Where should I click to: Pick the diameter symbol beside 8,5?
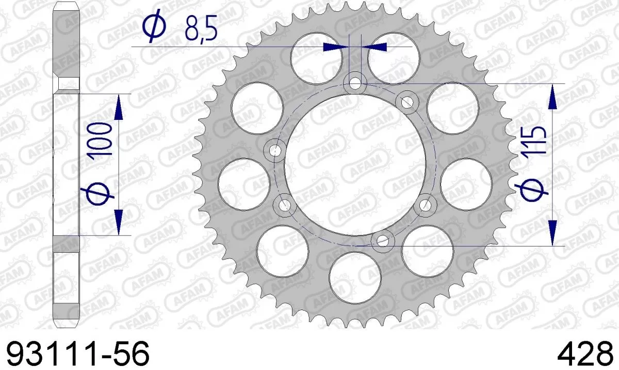[x=153, y=28]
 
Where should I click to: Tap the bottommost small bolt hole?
[x=382, y=239]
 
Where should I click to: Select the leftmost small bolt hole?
[x=275, y=150]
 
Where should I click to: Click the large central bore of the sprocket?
[x=355, y=161]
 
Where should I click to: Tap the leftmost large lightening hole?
[x=244, y=184]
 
